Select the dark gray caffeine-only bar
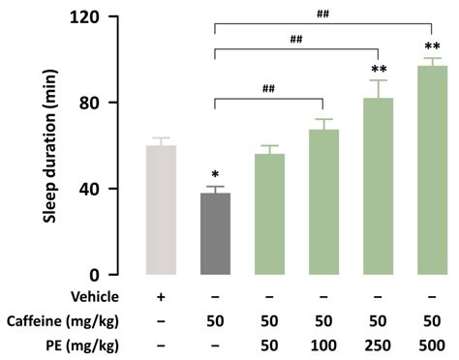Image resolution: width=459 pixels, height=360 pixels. pos(215,233)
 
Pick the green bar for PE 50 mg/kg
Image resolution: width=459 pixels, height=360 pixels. pos(269,214)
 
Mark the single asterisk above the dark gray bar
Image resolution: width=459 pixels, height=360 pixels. pos(215,175)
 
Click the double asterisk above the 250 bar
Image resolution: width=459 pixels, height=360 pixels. pos(378,71)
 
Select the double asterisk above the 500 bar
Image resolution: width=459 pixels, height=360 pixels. pos(432,48)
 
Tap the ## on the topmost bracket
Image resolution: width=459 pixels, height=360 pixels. pos(323,14)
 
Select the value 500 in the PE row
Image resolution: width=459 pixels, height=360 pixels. pos(432,344)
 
